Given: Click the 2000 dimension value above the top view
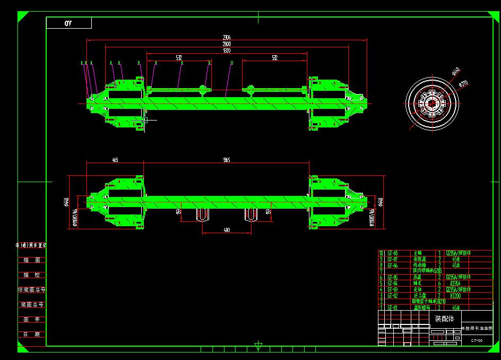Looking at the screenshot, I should pos(227,44).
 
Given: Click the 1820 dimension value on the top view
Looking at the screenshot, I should pos(227,50).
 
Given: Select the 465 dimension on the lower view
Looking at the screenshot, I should pos(115,159).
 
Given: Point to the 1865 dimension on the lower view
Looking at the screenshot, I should pos(226,159).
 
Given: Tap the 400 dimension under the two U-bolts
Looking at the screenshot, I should pos(227,230).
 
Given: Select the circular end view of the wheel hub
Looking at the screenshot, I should pos(431,101).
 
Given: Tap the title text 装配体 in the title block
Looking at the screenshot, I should pos(445,319).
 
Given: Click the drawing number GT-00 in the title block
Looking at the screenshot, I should pos(477,340).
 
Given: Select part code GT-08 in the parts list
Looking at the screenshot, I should pos(393,253).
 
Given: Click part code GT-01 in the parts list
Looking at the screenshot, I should pos(393,307).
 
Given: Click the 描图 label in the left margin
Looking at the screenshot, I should pos(31,260).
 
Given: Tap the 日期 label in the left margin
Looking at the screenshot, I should pos(31,335).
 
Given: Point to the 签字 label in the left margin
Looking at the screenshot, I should pos(31,320).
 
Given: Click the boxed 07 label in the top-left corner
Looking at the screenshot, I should pos(68,23).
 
